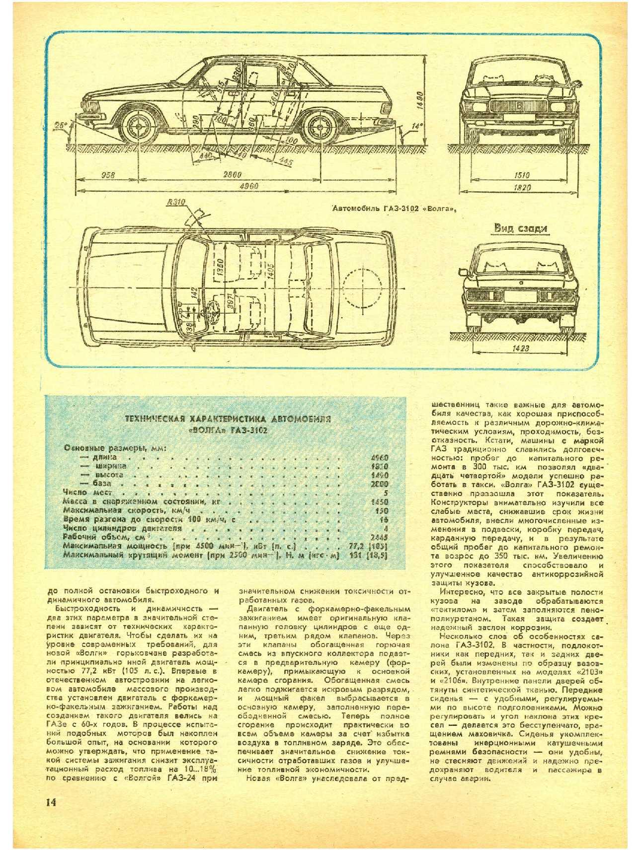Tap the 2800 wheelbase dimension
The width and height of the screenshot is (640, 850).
point(232,174)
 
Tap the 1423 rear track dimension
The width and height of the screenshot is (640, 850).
point(520,348)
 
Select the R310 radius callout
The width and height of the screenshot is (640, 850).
point(175,202)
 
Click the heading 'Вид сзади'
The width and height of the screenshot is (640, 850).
point(520,228)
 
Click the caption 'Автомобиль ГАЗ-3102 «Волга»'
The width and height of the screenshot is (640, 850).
point(395,209)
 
